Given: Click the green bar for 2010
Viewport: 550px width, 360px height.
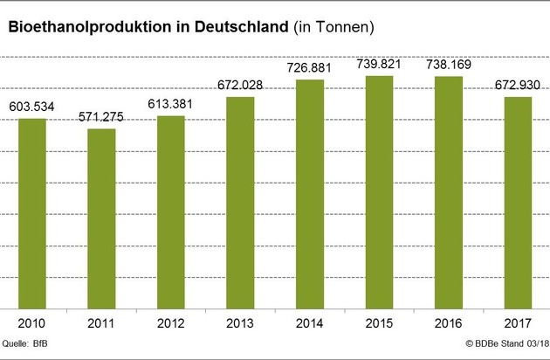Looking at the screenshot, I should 32,213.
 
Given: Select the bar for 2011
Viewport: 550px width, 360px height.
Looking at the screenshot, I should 101,218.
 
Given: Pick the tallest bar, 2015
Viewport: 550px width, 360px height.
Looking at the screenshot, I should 379,192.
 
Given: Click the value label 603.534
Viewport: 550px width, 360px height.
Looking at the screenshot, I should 32,107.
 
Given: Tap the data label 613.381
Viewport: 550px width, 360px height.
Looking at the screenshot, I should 171,105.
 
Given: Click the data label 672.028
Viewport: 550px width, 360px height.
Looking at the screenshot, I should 240,86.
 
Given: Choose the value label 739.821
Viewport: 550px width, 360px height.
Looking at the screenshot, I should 379,64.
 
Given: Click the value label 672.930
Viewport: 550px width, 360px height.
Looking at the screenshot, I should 518,86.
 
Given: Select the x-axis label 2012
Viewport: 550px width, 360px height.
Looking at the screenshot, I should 171,322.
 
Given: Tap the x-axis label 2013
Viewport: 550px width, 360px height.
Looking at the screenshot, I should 240,322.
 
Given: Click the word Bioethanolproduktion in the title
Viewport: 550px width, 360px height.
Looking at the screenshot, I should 90,28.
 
